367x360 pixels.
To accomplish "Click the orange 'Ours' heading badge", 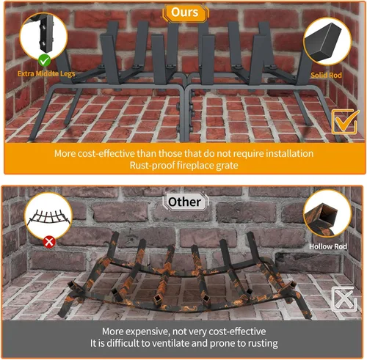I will pos(184,12).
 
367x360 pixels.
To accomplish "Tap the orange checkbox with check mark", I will pos(342,121).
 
